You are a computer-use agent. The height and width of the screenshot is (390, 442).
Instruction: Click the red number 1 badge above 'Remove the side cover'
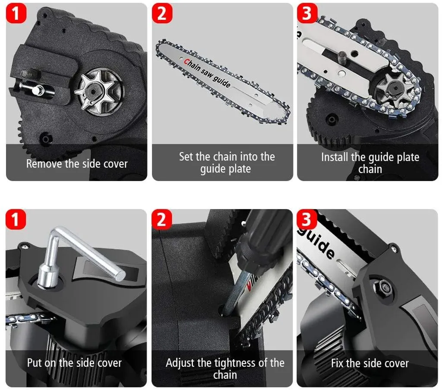point(16,13)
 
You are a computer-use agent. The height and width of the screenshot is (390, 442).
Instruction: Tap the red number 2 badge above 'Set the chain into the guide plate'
point(162,13)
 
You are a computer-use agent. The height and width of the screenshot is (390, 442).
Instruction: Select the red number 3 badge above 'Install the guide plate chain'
point(307,13)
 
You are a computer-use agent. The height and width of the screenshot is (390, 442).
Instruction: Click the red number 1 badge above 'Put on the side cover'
point(16,219)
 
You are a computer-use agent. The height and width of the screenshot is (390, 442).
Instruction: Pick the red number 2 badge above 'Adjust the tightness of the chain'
point(162,219)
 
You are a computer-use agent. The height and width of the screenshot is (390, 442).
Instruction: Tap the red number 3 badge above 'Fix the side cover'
point(307,219)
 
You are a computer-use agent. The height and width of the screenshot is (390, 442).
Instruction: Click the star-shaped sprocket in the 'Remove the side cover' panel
point(94,91)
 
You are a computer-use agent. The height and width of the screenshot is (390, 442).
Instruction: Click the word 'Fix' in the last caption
point(338,363)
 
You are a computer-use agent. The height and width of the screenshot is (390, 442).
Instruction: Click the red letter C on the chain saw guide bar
point(186,62)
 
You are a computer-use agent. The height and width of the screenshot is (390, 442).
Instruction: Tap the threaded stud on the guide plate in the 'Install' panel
point(342,58)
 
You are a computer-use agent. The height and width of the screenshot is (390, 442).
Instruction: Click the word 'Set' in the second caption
point(186,157)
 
